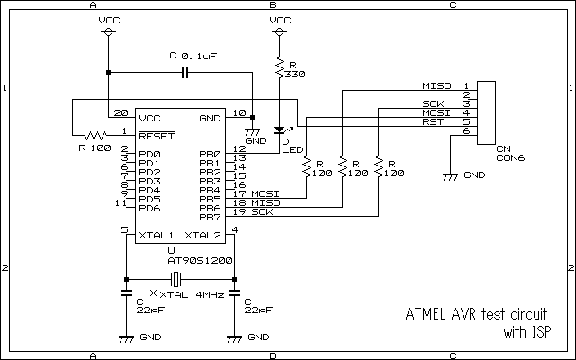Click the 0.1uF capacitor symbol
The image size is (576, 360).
[x=185, y=73]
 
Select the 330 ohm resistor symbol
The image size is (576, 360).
[x=280, y=67]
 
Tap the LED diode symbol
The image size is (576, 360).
[x=280, y=130]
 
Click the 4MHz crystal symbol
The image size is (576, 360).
[x=176, y=280]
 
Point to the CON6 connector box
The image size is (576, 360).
[x=486, y=112]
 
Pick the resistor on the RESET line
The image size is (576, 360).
[x=95, y=136]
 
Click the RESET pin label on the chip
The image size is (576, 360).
[x=157, y=136]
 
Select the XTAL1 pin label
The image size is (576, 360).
[x=156, y=236]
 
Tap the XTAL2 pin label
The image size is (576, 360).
[x=202, y=236]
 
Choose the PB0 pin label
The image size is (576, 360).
[x=210, y=154]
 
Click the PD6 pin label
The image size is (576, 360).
[x=149, y=208]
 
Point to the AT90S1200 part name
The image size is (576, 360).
[x=200, y=260]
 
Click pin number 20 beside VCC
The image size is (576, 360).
[x=121, y=112]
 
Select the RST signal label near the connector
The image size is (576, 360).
[x=433, y=122]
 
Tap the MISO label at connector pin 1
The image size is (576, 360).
[x=436, y=86]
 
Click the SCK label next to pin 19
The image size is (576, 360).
[x=262, y=212]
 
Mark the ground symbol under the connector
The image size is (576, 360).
[x=450, y=177]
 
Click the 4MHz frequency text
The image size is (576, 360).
[x=210, y=294]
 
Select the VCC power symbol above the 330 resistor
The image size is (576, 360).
[x=280, y=32]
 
